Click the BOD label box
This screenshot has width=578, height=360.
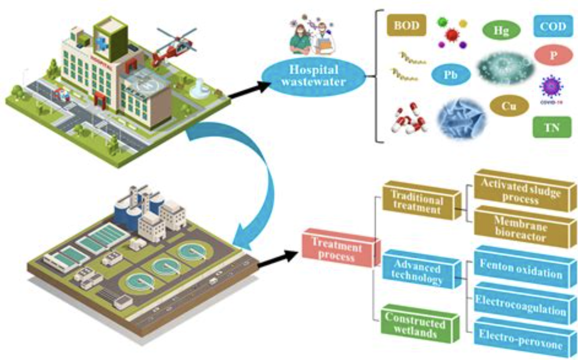(x=406, y=26)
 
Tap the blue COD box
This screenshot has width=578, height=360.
(x=553, y=26)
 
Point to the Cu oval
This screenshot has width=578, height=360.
(x=509, y=106)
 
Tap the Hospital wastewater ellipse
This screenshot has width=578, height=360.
(x=314, y=75)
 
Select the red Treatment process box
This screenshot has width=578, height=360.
(x=340, y=248)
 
